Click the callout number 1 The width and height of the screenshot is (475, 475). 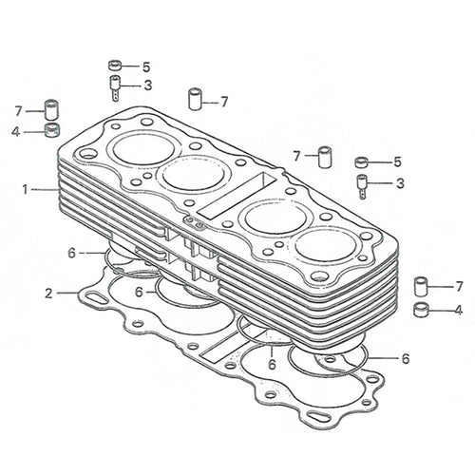pyautogui.click(x=25, y=190)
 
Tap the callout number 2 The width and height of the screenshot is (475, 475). pyautogui.click(x=48, y=294)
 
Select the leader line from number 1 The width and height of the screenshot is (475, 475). pyautogui.click(x=45, y=190)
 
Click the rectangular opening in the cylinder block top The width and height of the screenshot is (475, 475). pyautogui.click(x=237, y=197)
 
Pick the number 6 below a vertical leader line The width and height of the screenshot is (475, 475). pyautogui.click(x=272, y=365)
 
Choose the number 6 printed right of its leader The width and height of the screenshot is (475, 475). pyautogui.click(x=406, y=359)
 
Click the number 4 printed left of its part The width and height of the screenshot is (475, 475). pyautogui.click(x=16, y=132)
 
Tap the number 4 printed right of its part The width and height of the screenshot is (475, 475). pyautogui.click(x=458, y=310)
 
